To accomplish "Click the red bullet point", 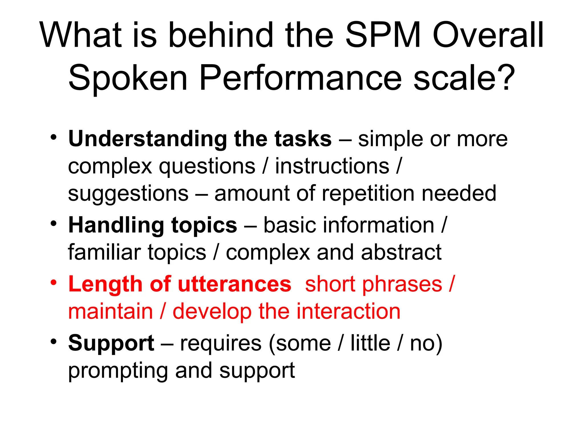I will (x=54, y=282).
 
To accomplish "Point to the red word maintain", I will (x=111, y=311).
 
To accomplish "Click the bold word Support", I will (x=111, y=343).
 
